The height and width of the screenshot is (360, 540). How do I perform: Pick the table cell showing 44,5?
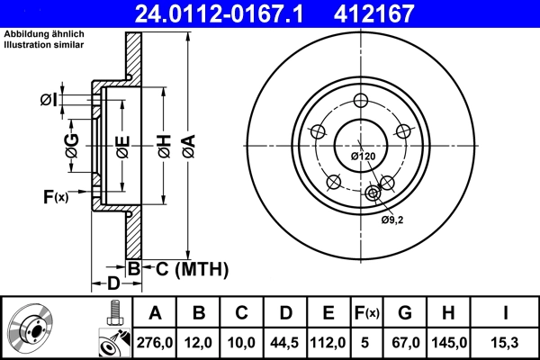coord(285,341)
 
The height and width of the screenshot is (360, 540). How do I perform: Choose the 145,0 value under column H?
coord(448,341)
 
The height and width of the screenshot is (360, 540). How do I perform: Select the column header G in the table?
coord(405,313)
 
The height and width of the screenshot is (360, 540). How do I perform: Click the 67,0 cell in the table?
coord(405,341)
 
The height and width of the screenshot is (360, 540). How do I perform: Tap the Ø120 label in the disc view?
coord(362,157)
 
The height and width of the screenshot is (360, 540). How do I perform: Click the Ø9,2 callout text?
coord(391,220)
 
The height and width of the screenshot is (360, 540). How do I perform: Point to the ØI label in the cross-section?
coord(49,98)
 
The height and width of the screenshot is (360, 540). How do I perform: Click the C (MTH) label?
coord(186,268)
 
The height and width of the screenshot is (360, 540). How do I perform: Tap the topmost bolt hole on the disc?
coord(360,101)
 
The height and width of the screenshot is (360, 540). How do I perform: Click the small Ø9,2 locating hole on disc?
coord(373,192)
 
